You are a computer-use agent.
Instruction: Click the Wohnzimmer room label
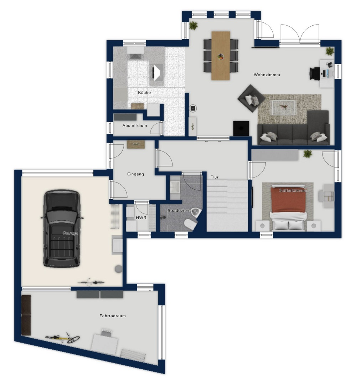tap(267, 75)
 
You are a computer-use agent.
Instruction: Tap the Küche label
tap(144, 93)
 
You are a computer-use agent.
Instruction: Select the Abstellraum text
tap(135, 125)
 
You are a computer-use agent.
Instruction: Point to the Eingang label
tap(135, 174)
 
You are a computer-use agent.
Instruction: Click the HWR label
tap(141, 218)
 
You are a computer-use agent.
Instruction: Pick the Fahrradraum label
tap(113, 316)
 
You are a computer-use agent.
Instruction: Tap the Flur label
tap(214, 177)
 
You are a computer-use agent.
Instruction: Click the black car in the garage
tap(62, 229)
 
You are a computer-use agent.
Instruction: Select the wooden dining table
tap(221, 56)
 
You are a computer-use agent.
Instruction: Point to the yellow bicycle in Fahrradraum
tap(63, 338)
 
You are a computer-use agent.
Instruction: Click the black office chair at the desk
tap(314, 73)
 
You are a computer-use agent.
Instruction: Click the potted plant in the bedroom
tap(308, 154)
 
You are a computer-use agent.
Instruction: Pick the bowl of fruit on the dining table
tap(221, 57)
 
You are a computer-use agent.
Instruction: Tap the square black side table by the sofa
tap(241, 128)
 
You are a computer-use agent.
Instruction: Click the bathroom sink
tap(175, 187)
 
